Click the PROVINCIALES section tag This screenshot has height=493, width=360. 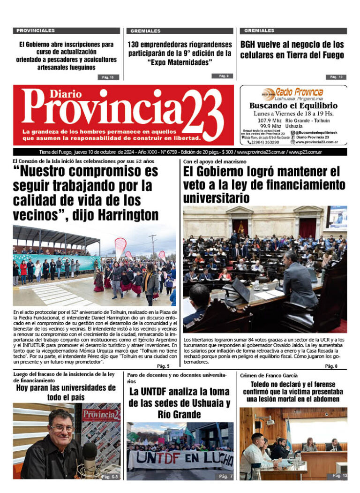[36, 30]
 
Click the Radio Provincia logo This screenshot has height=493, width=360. [293, 93]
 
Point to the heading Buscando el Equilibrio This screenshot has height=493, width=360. [293, 106]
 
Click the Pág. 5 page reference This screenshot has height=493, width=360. [163, 366]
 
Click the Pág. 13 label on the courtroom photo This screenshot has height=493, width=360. [340, 476]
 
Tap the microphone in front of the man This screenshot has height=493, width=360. [89, 452]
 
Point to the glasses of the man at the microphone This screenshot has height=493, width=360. [62, 428]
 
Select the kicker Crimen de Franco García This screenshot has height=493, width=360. [269, 375]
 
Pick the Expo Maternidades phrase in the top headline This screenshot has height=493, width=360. [180, 62]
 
